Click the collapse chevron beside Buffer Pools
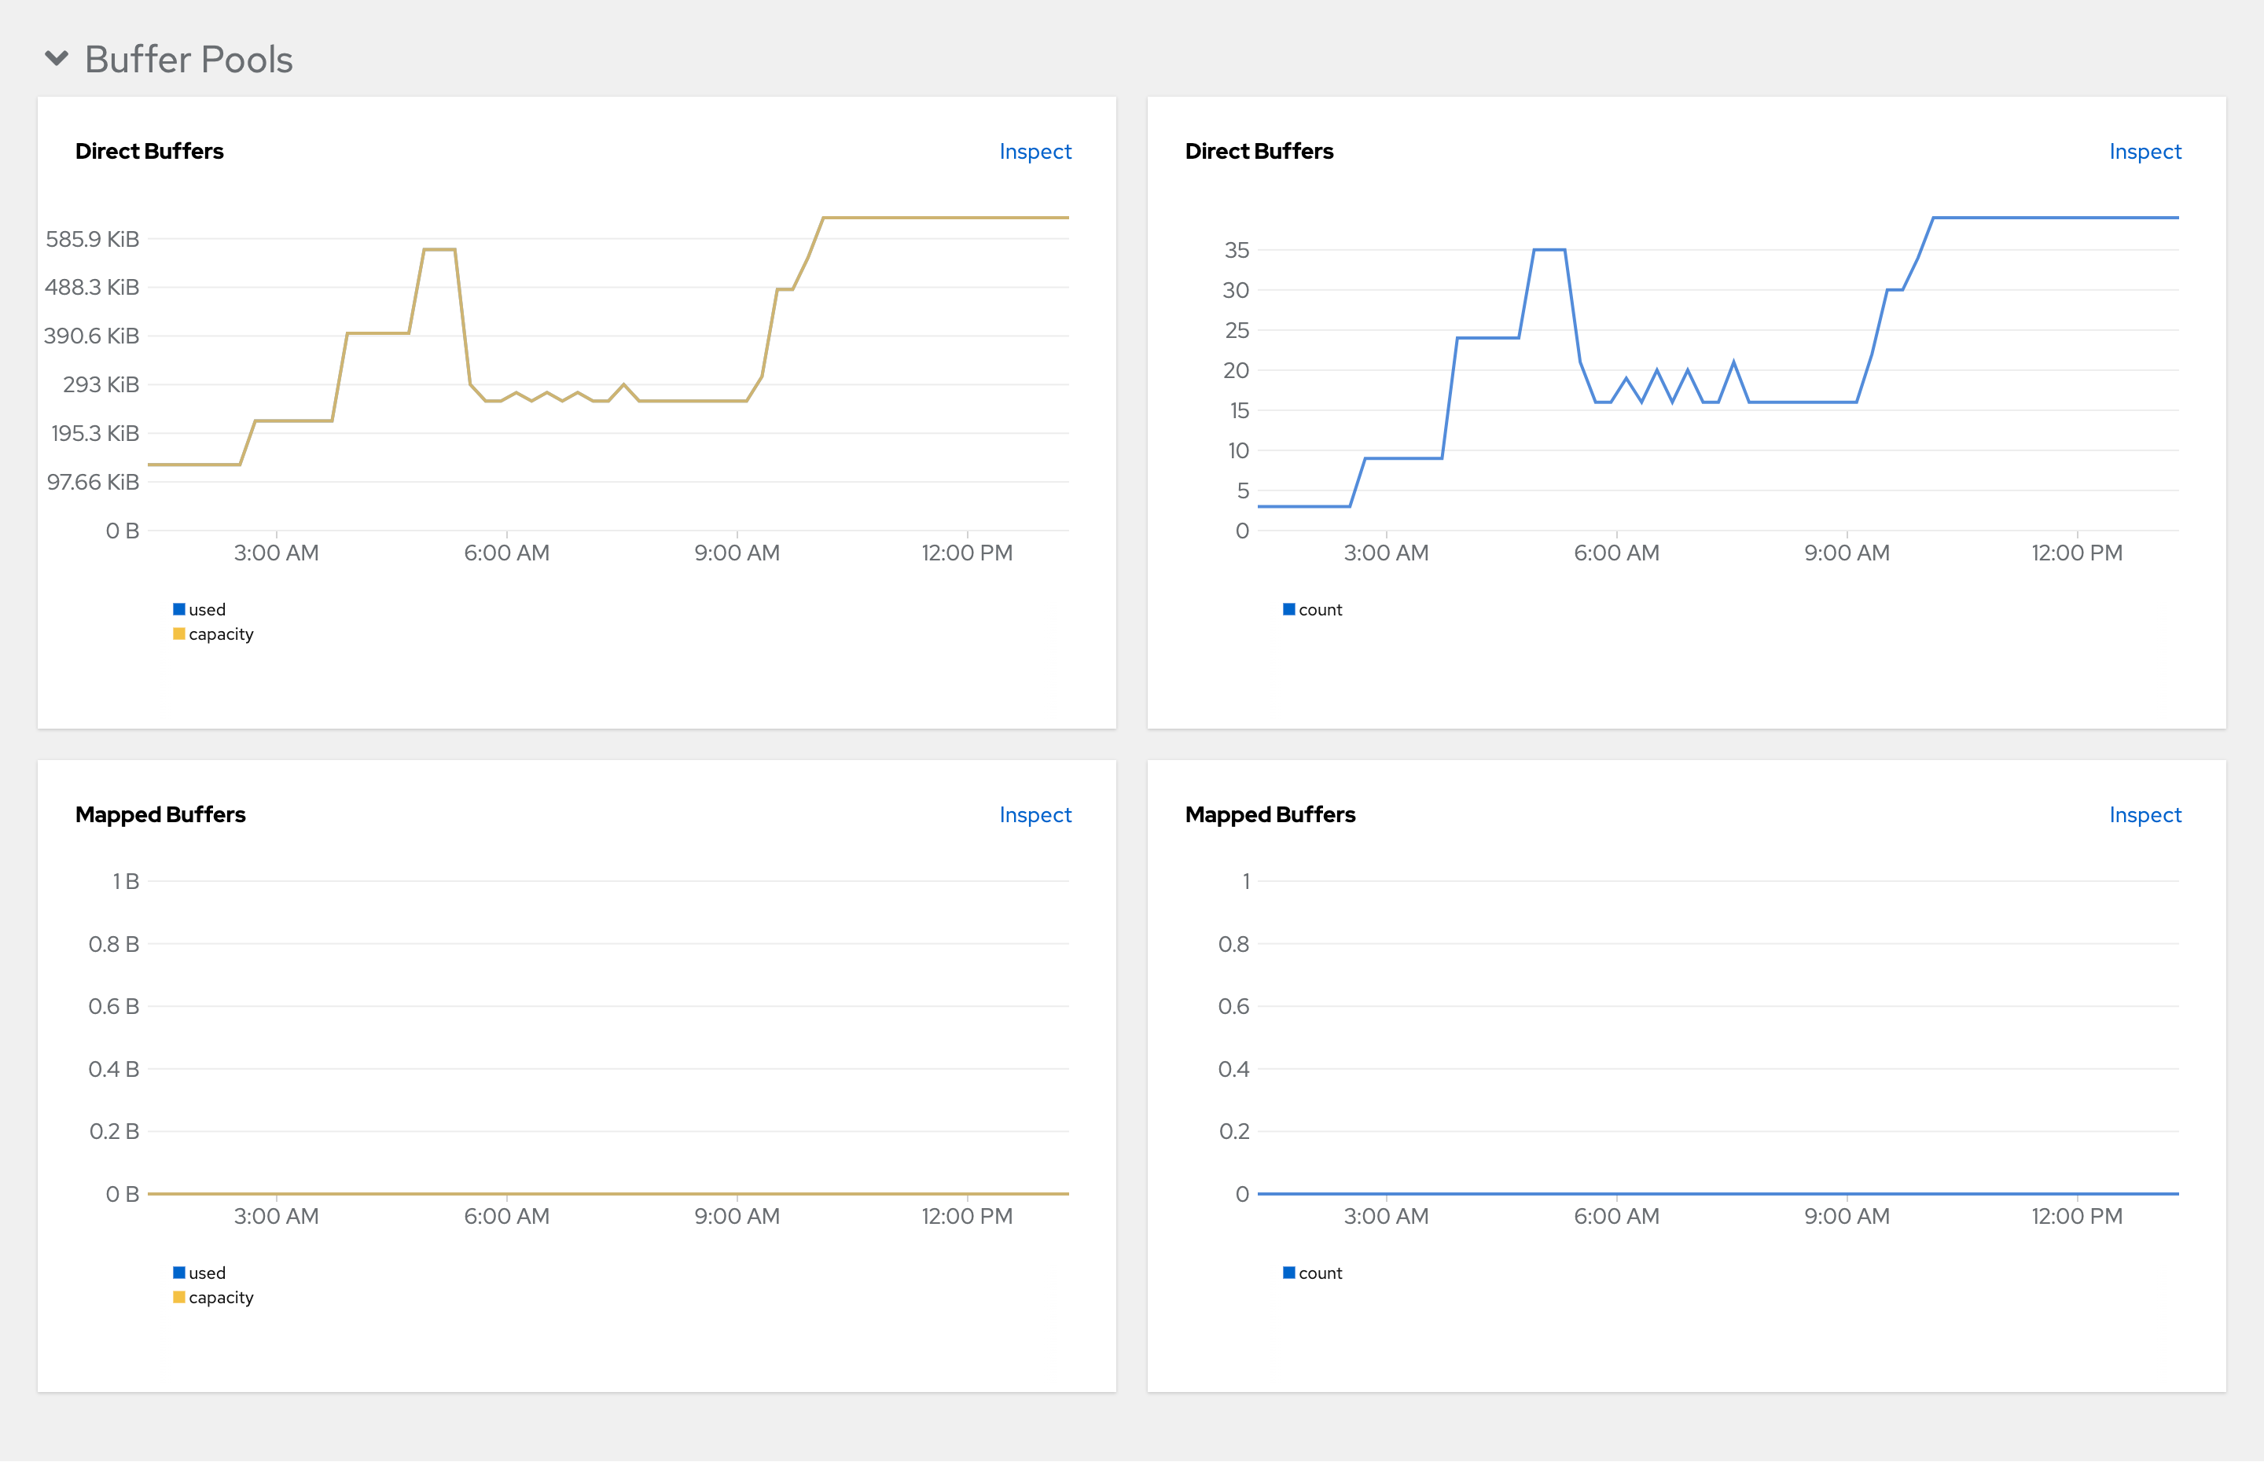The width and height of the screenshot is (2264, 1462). coord(57,59)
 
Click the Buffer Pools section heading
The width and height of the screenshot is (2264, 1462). coord(188,60)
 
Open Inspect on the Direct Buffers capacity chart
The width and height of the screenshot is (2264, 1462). coord(1035,152)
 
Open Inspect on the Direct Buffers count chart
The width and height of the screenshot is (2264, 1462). coord(2145,152)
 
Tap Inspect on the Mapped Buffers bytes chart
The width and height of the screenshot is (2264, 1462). coord(1035,814)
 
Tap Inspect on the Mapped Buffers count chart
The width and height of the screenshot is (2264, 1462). coord(2145,814)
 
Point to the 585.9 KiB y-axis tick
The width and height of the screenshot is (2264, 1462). coord(92,239)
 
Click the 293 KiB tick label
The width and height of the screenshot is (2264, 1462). coord(101,384)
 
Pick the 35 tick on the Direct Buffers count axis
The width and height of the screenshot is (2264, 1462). coord(1236,251)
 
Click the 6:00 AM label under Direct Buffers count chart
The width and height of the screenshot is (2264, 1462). coord(1615,553)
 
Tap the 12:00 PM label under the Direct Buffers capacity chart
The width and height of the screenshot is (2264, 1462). coord(966,553)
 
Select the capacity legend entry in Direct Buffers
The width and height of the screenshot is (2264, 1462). coord(219,634)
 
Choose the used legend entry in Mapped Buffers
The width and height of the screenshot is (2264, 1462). coord(206,1273)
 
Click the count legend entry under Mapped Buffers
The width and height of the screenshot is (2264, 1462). coord(1318,1273)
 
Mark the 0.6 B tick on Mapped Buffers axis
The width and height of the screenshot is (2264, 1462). coord(113,1006)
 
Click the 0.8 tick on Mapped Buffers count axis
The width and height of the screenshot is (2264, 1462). coord(1233,944)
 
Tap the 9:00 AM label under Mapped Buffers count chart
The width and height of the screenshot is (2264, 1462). coord(1847,1216)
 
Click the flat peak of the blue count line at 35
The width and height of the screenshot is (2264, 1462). coord(1549,250)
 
